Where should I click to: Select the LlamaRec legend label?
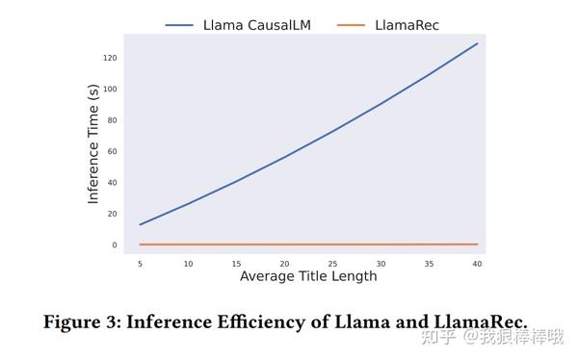click(407, 24)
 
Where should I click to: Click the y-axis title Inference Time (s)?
click(93, 143)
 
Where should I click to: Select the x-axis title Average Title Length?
click(308, 277)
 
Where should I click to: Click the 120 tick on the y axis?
click(111, 58)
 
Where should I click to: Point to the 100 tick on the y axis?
click(111, 90)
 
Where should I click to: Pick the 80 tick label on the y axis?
click(113, 120)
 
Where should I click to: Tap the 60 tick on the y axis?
click(113, 151)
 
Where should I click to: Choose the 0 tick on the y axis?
click(115, 244)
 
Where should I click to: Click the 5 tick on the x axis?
click(140, 263)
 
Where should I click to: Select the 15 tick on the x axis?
click(236, 263)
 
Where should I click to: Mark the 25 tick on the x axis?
click(332, 263)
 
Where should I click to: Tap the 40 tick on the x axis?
click(477, 263)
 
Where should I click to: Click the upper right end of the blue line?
click(477, 43)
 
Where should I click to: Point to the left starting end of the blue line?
click(140, 225)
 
